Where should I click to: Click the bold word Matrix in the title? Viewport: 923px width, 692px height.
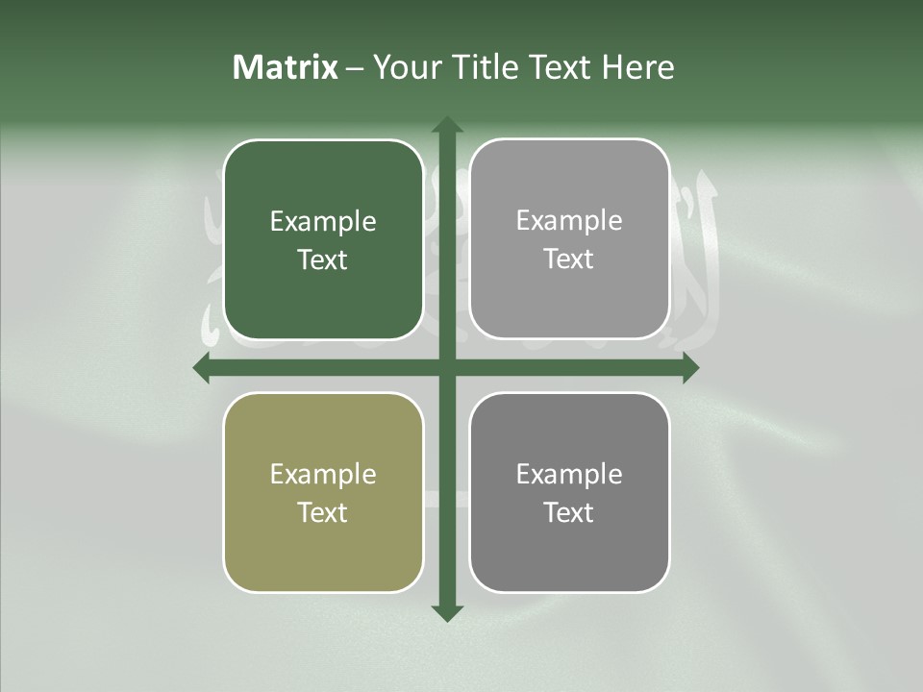(x=286, y=67)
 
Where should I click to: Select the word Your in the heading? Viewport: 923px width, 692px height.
(x=404, y=67)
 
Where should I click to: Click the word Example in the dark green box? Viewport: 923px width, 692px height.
(x=323, y=222)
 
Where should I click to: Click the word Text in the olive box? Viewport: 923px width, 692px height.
(x=323, y=512)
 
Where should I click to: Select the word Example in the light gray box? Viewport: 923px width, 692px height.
(x=569, y=221)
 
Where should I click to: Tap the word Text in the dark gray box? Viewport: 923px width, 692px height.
(x=569, y=512)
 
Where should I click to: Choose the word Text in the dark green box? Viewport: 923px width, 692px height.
(x=323, y=259)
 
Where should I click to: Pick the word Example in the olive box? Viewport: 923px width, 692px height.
(x=323, y=475)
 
